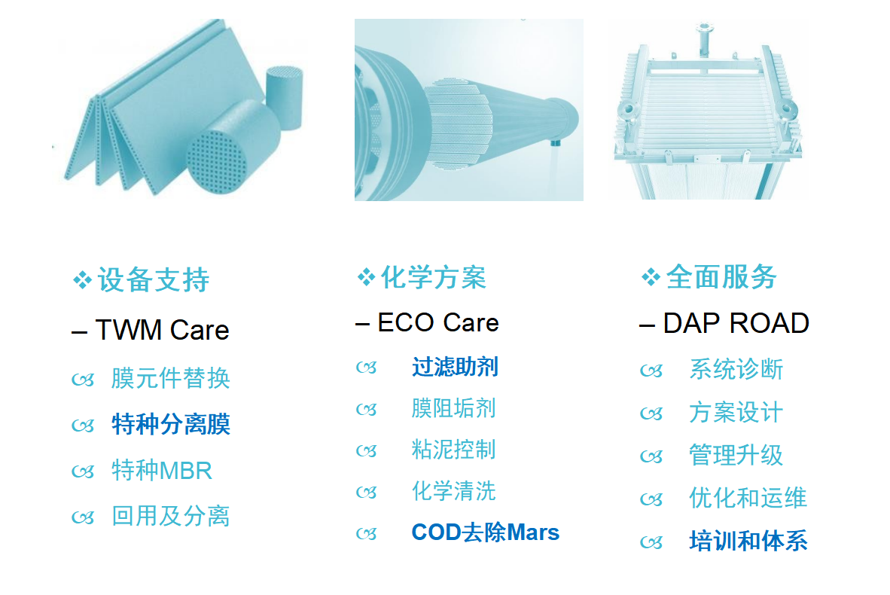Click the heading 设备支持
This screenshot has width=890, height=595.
(x=154, y=279)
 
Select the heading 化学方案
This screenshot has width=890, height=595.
(x=433, y=277)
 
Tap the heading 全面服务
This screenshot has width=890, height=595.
(x=721, y=276)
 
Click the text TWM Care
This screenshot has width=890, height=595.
(x=163, y=330)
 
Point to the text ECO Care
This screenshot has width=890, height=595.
(x=438, y=322)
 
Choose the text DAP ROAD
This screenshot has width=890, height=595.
(x=736, y=323)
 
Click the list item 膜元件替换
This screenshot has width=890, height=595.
(x=170, y=378)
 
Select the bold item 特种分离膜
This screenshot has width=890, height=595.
(x=171, y=424)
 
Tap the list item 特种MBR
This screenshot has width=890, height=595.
(x=162, y=470)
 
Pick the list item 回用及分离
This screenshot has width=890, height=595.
(x=170, y=516)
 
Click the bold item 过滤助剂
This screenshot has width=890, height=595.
(x=456, y=367)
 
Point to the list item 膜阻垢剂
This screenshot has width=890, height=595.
(x=453, y=408)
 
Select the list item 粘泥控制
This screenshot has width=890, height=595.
(x=453, y=450)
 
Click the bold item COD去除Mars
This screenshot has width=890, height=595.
(x=486, y=532)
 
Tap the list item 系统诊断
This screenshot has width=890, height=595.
(x=736, y=369)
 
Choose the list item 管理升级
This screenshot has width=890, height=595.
(x=736, y=456)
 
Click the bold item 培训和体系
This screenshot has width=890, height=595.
(x=748, y=541)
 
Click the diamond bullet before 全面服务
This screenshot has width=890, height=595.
(x=651, y=277)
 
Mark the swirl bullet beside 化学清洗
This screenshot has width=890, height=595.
(x=366, y=493)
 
